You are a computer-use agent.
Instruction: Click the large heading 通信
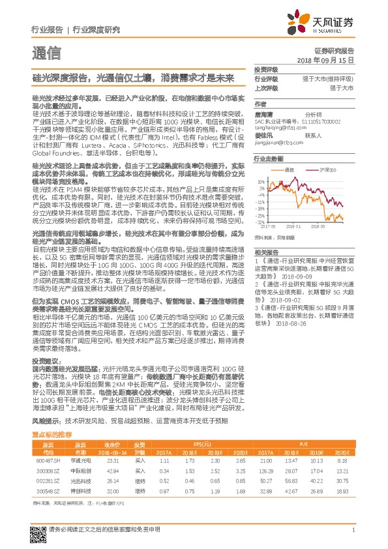coord(46,53)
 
